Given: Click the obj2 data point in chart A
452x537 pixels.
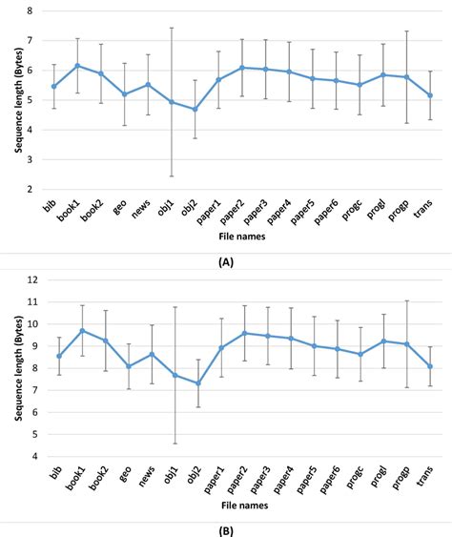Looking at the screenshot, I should click(x=195, y=109).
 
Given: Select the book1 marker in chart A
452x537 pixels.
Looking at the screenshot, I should click(x=78, y=66).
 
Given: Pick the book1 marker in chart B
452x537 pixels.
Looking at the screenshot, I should click(x=78, y=331).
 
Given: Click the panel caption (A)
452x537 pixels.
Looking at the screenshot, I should click(x=226, y=260).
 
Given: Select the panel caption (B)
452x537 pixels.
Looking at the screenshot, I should click(x=226, y=527).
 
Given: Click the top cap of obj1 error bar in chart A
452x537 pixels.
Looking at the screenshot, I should click(x=172, y=28).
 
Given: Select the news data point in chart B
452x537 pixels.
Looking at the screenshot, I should click(x=148, y=354).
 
